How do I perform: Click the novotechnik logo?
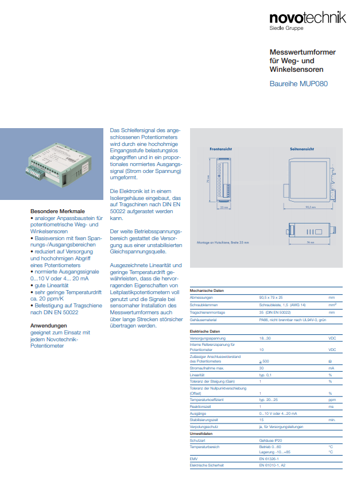308,20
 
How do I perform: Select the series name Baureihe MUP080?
299,84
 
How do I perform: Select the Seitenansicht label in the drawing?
301,148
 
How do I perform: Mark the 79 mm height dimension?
209,180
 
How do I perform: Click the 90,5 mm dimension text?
310,207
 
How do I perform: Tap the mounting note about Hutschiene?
223,243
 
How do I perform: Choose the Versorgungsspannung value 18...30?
265,339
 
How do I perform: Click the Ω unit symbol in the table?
330,360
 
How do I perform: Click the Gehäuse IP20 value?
270,440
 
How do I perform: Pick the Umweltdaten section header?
202,434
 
